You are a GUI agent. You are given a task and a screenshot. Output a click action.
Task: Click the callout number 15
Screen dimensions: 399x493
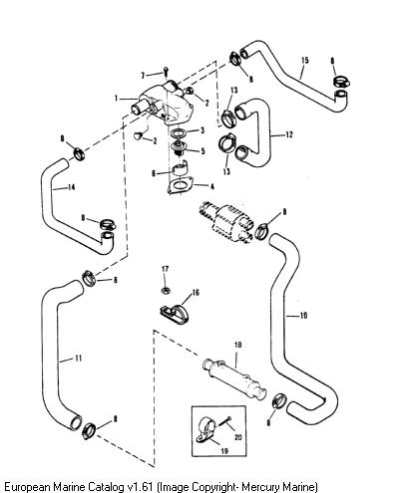(305, 61)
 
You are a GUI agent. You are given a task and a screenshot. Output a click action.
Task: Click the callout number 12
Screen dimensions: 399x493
(289, 134)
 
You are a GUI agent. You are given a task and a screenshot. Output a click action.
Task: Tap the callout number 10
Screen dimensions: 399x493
(303, 316)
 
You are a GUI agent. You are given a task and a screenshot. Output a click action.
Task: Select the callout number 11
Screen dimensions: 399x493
(78, 359)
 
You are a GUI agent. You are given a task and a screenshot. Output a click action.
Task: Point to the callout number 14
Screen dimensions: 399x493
(71, 187)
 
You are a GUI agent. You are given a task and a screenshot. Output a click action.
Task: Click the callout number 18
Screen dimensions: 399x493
(237, 345)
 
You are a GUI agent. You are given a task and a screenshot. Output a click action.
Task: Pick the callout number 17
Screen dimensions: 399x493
(166, 269)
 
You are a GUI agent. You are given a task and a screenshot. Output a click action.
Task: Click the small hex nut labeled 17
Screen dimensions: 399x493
(166, 291)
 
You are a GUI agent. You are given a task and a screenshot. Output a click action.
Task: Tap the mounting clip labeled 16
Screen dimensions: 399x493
(175, 314)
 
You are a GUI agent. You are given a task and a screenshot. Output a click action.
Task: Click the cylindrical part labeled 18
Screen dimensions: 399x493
(234, 378)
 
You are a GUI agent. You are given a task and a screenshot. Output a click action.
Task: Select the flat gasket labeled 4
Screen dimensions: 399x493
(181, 185)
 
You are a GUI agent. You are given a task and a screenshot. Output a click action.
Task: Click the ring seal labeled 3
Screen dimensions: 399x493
(178, 133)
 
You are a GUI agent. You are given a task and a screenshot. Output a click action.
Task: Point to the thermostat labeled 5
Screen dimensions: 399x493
(180, 147)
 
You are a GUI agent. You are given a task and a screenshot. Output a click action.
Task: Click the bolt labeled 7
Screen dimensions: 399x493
(166, 72)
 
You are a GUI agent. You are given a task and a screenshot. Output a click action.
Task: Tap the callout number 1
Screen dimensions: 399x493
(116, 99)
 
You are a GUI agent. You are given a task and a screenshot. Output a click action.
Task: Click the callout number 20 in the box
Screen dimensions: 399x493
(238, 437)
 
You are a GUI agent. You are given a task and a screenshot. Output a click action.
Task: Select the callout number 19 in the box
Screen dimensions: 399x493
(224, 451)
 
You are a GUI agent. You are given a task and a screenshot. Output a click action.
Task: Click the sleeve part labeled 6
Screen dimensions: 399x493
(180, 167)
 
